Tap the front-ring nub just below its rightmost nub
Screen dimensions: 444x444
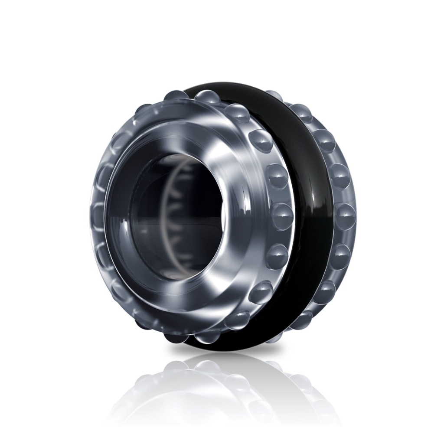pos(277,256)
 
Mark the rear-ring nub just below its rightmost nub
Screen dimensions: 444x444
pos(340,256)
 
